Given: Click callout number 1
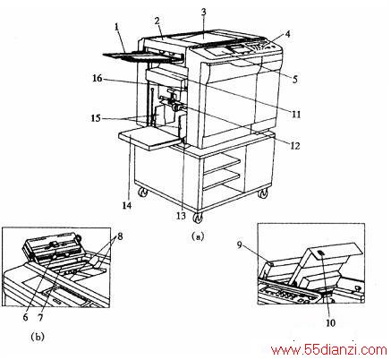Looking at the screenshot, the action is click(x=117, y=27).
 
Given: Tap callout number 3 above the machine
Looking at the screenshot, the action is click(x=204, y=12).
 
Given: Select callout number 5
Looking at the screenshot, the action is click(x=295, y=79).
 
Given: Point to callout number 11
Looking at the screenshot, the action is click(x=296, y=114).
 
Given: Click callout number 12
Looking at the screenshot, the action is click(x=295, y=145).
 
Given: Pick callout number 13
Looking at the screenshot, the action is click(x=181, y=216).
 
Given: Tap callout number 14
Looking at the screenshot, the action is click(x=127, y=205).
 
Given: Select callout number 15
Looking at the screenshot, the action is click(x=96, y=118).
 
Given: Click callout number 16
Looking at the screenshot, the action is click(x=98, y=79).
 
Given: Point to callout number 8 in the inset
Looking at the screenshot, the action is click(x=120, y=236).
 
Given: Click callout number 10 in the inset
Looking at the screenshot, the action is click(x=330, y=322).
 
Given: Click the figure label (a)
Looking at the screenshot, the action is click(x=198, y=236).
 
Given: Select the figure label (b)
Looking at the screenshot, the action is click(x=38, y=337).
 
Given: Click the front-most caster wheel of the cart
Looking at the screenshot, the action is click(x=198, y=219).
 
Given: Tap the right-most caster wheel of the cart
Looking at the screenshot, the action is click(x=263, y=194).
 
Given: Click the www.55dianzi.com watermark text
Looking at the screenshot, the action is click(x=328, y=350).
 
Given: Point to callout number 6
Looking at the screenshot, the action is click(x=25, y=317).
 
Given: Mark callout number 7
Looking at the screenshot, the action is click(x=40, y=317).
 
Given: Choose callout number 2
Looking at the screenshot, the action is click(x=157, y=21).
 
